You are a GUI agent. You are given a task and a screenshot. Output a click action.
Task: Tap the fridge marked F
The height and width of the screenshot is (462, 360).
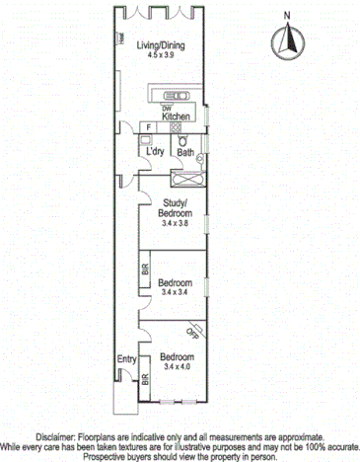tap(148, 127)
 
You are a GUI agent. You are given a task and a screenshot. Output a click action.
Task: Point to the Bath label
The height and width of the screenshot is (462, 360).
tap(184, 152)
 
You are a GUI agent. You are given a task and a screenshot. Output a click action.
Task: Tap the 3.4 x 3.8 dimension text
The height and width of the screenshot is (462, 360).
tap(180, 224)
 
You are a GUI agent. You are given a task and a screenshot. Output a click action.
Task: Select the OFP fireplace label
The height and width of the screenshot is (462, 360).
tap(193, 334)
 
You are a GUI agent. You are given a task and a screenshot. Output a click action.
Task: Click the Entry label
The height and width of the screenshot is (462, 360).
tap(127, 358)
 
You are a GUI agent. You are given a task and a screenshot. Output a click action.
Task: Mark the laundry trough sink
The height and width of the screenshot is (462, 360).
tap(144, 141)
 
